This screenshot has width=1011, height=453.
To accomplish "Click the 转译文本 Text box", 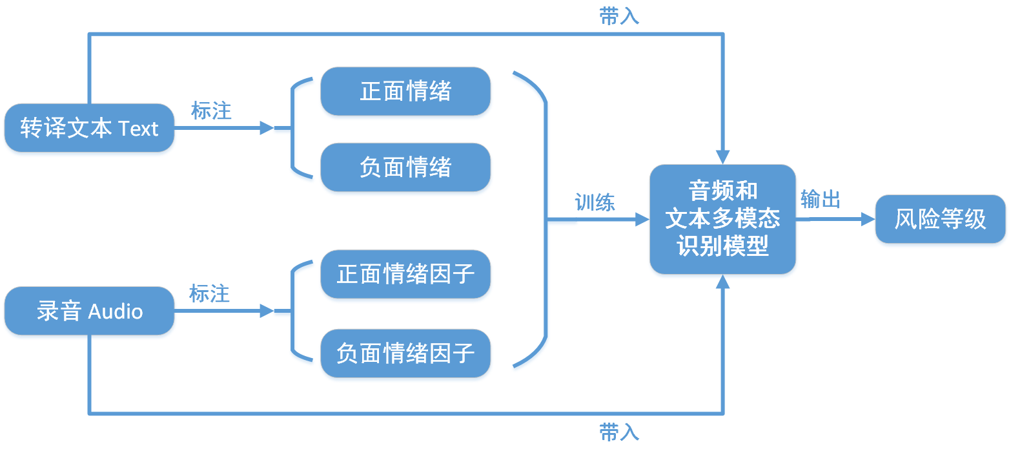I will (89, 128).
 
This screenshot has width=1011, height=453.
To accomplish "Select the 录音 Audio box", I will (89, 311).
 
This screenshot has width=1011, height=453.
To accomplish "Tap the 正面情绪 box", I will (405, 91).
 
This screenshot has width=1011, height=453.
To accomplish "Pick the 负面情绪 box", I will (405, 167).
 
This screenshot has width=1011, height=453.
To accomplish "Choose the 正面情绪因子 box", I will (405, 274).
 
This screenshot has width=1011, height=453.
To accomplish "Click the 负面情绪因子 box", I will (405, 353).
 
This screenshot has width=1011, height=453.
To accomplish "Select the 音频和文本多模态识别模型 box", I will (722, 219).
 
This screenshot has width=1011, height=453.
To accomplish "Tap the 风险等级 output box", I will (940, 219).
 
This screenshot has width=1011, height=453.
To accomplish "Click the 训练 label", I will (595, 203).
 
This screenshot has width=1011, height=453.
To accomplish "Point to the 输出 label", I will (820, 200).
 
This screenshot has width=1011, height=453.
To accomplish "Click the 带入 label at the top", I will (619, 17).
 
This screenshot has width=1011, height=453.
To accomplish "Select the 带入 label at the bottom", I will (619, 432).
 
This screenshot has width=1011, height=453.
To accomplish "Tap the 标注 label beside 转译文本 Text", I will (211, 111).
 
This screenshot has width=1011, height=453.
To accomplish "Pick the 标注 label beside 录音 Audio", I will (209, 294).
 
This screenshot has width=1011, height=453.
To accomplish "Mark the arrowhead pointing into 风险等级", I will (868, 219).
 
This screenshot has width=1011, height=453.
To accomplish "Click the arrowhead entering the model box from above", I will (722, 157).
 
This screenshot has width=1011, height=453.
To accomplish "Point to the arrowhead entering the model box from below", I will (722, 282).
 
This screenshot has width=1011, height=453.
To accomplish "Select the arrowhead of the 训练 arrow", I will (642, 220).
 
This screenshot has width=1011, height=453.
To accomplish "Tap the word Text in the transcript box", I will (138, 129).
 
